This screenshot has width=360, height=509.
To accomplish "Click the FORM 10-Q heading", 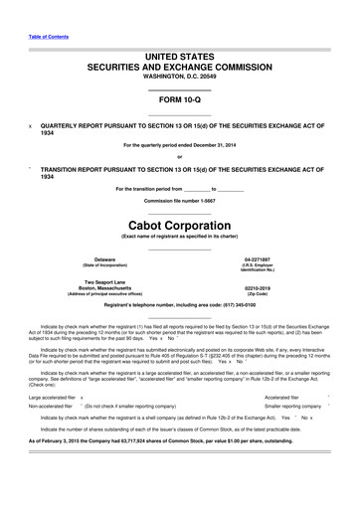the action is (180, 101).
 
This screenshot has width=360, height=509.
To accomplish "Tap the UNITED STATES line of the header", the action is (180, 60).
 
